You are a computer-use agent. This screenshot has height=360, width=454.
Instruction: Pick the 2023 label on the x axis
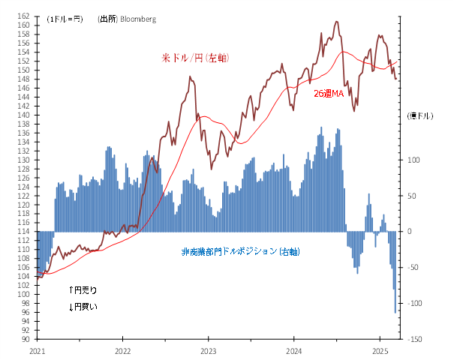(x=209, y=350)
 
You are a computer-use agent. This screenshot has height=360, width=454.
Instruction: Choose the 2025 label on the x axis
(x=380, y=350)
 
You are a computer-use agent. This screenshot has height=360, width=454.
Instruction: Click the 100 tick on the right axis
(x=412, y=160)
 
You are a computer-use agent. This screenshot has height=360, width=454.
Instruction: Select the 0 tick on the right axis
(x=409, y=231)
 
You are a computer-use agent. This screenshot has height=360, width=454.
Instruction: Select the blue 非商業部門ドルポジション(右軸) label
(x=240, y=251)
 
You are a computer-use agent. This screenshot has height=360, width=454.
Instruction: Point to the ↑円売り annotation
(x=83, y=289)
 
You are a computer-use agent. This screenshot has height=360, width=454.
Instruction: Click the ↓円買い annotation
(x=83, y=306)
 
